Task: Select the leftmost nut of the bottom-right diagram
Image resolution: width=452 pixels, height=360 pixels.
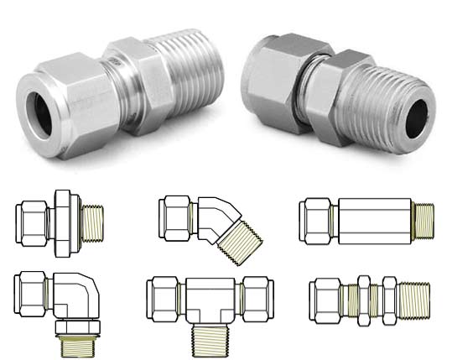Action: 322,297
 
